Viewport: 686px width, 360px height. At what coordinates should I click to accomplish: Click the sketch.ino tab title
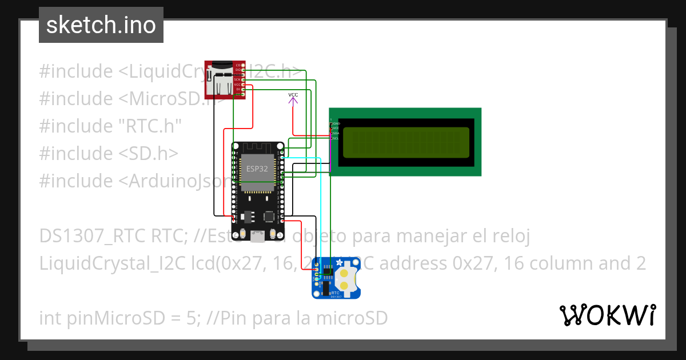(101, 25)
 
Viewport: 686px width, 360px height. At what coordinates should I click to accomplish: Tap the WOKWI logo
(607, 315)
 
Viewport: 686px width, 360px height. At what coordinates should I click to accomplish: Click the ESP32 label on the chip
(257, 169)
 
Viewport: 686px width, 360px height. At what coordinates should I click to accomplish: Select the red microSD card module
(225, 79)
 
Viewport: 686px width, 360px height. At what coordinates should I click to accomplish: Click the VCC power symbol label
(293, 94)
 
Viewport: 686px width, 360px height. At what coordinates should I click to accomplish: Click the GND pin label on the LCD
(336, 123)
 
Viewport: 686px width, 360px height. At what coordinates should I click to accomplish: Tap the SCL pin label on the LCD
(336, 138)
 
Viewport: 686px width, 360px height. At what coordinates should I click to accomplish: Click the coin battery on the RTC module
(345, 278)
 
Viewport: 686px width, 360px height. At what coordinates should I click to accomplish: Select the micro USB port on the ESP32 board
(260, 235)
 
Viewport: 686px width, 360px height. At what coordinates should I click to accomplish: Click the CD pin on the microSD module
(238, 65)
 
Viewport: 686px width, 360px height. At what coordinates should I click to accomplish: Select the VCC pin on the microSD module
(238, 84)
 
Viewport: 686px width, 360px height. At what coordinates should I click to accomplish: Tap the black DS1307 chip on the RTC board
(328, 270)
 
